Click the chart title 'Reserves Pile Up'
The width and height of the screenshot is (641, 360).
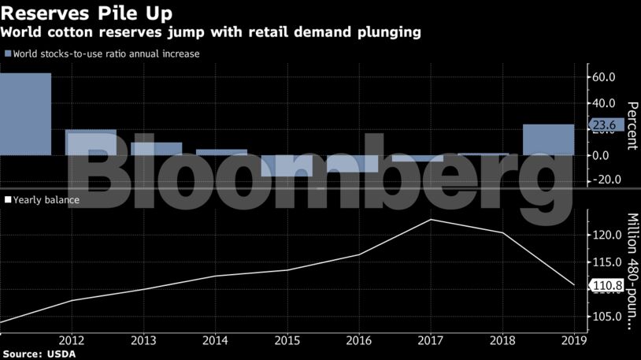[x=87, y=14]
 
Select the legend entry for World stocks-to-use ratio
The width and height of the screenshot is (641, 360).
[x=102, y=54]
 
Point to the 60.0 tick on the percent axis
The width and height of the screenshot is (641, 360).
[x=609, y=77]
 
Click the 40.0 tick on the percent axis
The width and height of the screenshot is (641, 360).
[x=609, y=103]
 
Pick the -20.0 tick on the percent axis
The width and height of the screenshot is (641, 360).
[x=607, y=180]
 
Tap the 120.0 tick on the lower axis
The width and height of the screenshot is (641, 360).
[x=609, y=235]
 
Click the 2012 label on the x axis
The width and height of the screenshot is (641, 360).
[x=72, y=341]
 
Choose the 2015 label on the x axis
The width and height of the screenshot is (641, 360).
[x=287, y=341]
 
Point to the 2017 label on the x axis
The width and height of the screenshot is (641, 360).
[x=430, y=341]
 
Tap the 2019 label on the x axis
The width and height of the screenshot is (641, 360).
[x=573, y=341]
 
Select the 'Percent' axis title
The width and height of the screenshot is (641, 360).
[x=632, y=126]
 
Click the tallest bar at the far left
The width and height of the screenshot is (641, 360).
[x=25, y=114]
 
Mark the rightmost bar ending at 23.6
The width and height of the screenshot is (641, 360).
[x=548, y=139]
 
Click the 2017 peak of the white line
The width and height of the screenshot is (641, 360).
[x=430, y=220]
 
